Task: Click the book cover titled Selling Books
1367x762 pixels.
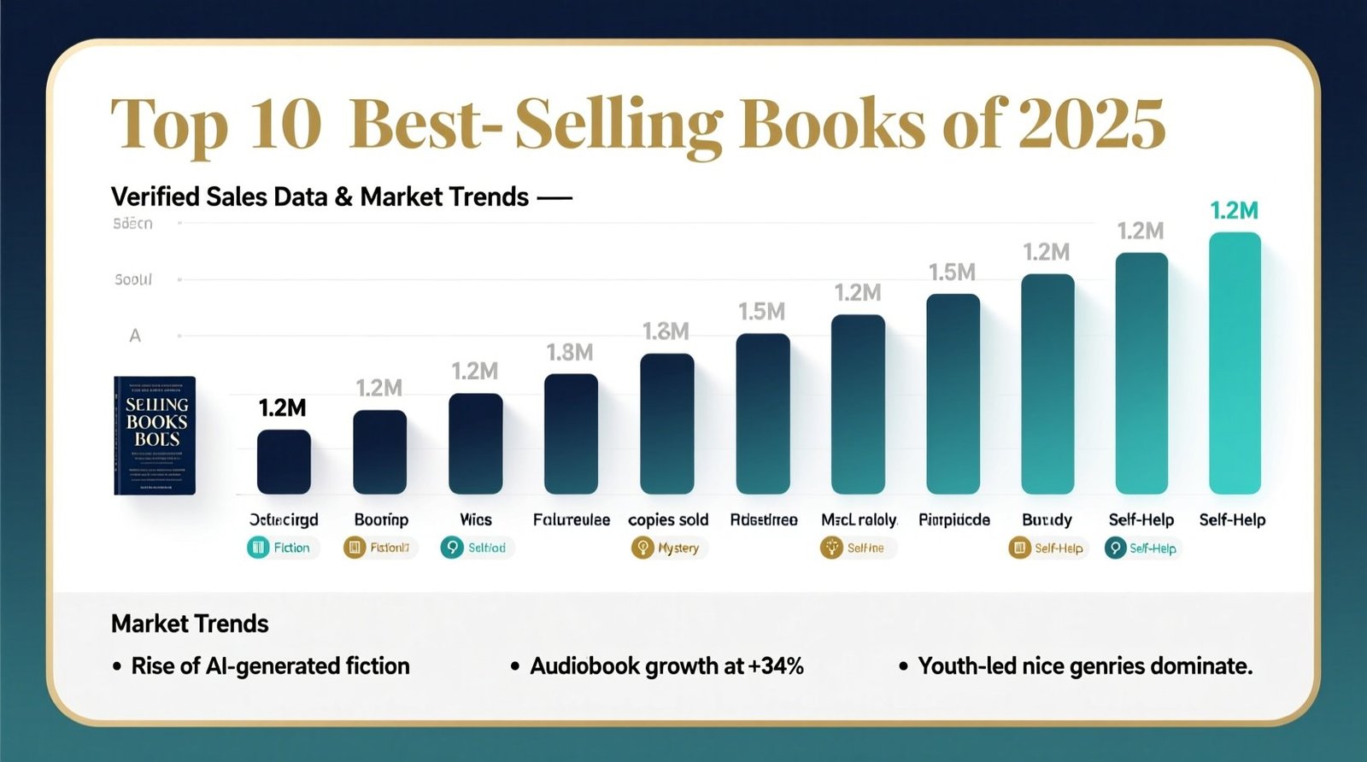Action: (x=155, y=435)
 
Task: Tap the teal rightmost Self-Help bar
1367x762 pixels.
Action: (x=1234, y=362)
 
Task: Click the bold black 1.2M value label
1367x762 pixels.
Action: (x=282, y=408)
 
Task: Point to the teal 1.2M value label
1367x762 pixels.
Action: (x=1234, y=210)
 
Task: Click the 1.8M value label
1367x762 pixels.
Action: (x=570, y=352)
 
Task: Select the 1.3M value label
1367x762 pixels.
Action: (x=666, y=331)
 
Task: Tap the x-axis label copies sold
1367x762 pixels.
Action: (x=668, y=519)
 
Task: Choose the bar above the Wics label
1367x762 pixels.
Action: (x=475, y=443)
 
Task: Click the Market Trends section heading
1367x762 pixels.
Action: (x=190, y=624)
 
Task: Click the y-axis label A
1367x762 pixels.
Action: (x=135, y=336)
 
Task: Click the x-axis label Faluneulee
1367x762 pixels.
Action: (x=571, y=519)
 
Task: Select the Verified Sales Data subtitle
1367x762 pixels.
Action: (x=320, y=197)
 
